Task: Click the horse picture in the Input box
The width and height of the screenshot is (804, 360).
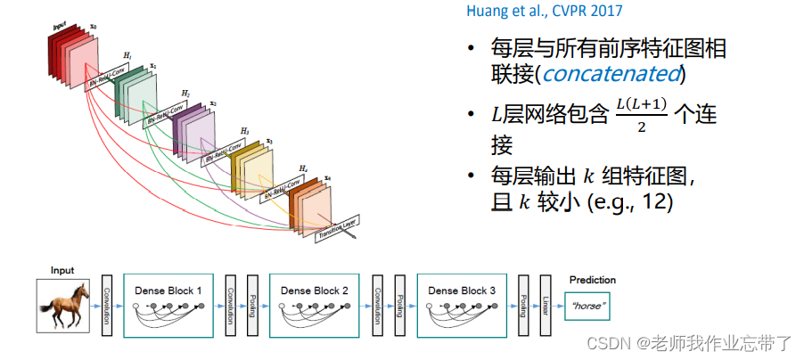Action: coord(62,306)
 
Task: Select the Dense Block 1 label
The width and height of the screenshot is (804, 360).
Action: coord(168,290)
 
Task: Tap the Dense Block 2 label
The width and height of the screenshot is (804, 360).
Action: coord(314,290)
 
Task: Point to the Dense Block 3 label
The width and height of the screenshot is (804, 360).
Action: coord(461,290)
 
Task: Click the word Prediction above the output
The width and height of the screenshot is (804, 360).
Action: coord(592,280)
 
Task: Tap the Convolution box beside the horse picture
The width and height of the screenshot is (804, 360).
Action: coord(106,306)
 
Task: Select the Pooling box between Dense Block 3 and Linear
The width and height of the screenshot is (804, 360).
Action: coord(523,306)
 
